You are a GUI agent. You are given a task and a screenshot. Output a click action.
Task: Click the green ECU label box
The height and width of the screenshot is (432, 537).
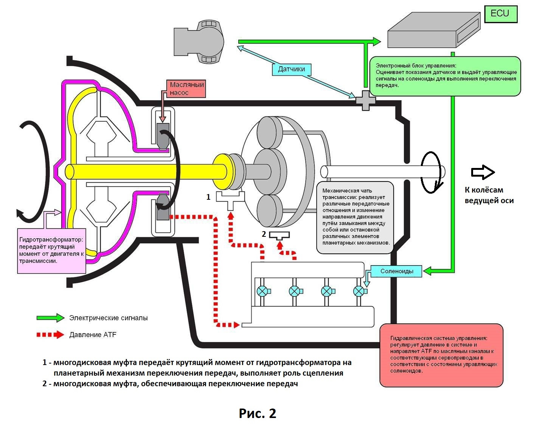pyautogui.click(x=500, y=14)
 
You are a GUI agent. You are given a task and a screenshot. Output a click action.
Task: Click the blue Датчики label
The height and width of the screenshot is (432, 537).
pyautogui.click(x=291, y=69)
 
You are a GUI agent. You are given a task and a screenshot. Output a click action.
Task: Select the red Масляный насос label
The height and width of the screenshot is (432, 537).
pyautogui.click(x=186, y=89)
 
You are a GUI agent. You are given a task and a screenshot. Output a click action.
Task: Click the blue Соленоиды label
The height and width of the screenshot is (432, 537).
pyautogui.click(x=396, y=271)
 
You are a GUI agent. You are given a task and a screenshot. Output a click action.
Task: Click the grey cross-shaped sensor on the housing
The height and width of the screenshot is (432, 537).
pyautogui.click(x=366, y=100)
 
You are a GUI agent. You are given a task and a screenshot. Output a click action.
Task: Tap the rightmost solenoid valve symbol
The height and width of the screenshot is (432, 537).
pyautogui.click(x=358, y=291)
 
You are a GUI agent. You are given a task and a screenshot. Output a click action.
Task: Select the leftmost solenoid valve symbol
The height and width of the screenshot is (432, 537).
pyautogui.click(x=262, y=291)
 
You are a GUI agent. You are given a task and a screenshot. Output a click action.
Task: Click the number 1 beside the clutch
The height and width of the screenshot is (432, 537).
pyautogui.click(x=208, y=197)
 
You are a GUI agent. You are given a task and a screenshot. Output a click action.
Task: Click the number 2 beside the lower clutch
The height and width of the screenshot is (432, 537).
pyautogui.click(x=264, y=234)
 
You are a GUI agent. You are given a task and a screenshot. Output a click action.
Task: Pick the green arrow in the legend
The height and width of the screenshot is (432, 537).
pyautogui.click(x=50, y=318)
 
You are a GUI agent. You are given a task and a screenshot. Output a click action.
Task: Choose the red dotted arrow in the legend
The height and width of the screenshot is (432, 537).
pyautogui.click(x=50, y=335)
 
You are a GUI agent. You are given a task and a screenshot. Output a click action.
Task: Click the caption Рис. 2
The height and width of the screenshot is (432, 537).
pyautogui.click(x=258, y=413)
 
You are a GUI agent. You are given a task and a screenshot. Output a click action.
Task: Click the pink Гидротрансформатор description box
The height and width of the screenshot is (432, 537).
pyautogui.click(x=52, y=250)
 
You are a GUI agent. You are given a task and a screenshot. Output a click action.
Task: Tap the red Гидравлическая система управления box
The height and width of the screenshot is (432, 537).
pyautogui.click(x=441, y=355)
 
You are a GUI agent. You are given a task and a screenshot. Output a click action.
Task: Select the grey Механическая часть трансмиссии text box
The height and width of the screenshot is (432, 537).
pyautogui.click(x=355, y=217)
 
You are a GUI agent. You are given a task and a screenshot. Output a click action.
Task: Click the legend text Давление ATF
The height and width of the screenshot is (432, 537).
pyautogui.click(x=93, y=335)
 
